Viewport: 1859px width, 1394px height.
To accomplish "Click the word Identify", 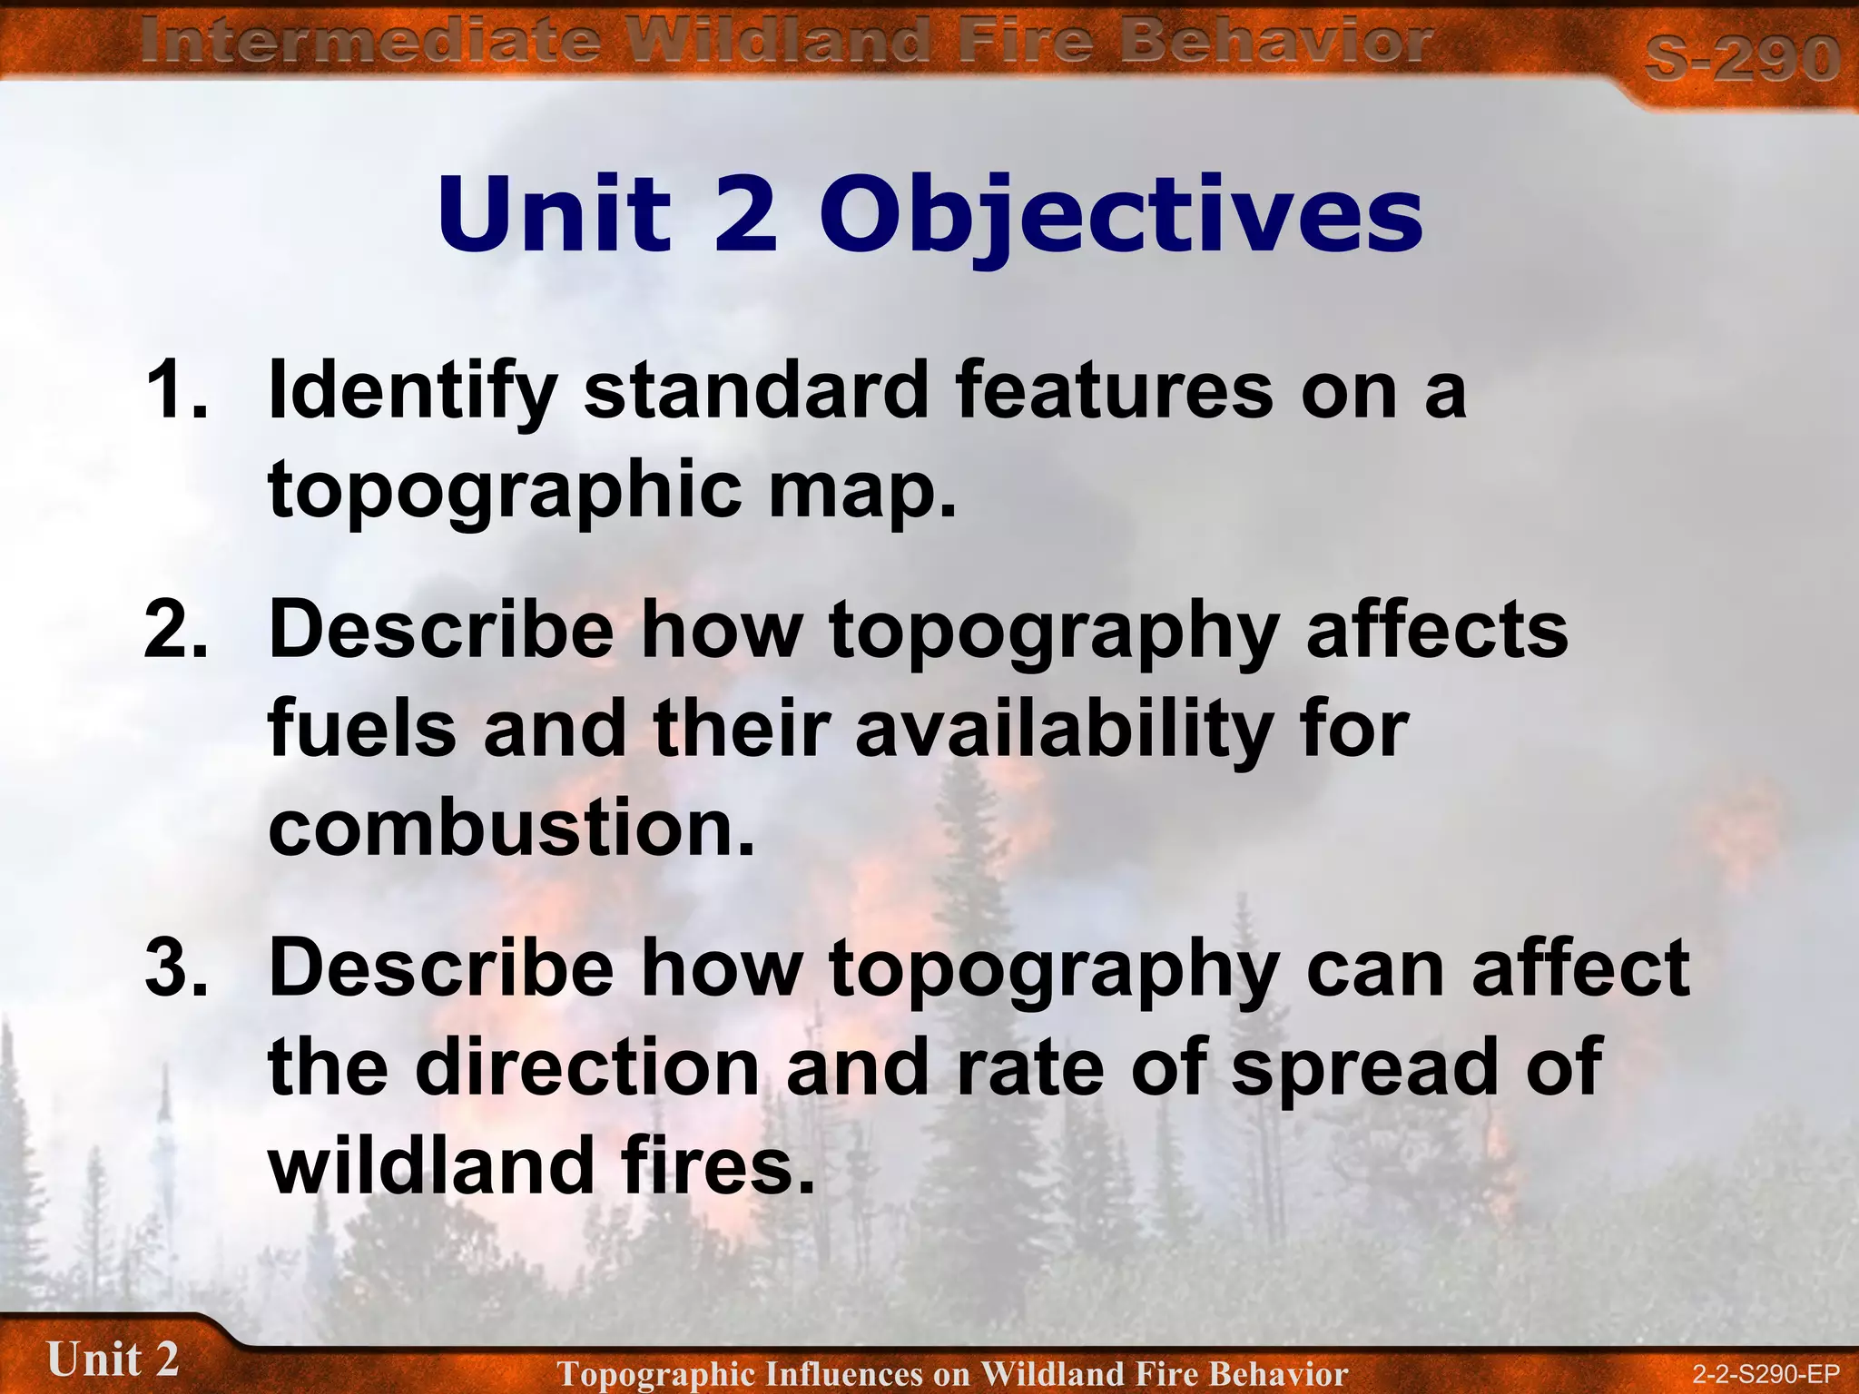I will [412, 391].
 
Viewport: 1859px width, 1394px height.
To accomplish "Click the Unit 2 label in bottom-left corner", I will [113, 1360].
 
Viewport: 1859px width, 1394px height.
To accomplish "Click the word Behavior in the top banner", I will [1274, 43].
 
